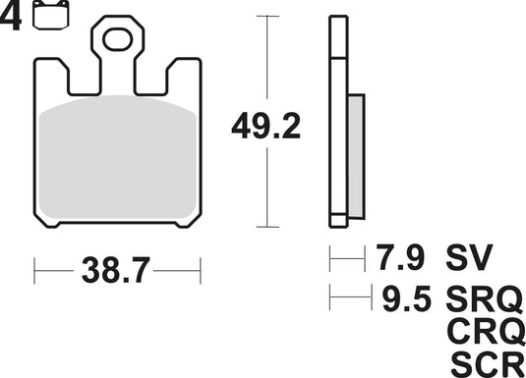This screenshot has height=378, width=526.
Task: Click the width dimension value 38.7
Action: pos(117,268)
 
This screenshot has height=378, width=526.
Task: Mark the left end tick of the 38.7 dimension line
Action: pos(35,268)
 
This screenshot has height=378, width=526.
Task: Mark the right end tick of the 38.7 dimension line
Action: pos(201,268)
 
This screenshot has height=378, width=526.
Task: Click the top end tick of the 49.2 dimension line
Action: pos(266,17)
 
